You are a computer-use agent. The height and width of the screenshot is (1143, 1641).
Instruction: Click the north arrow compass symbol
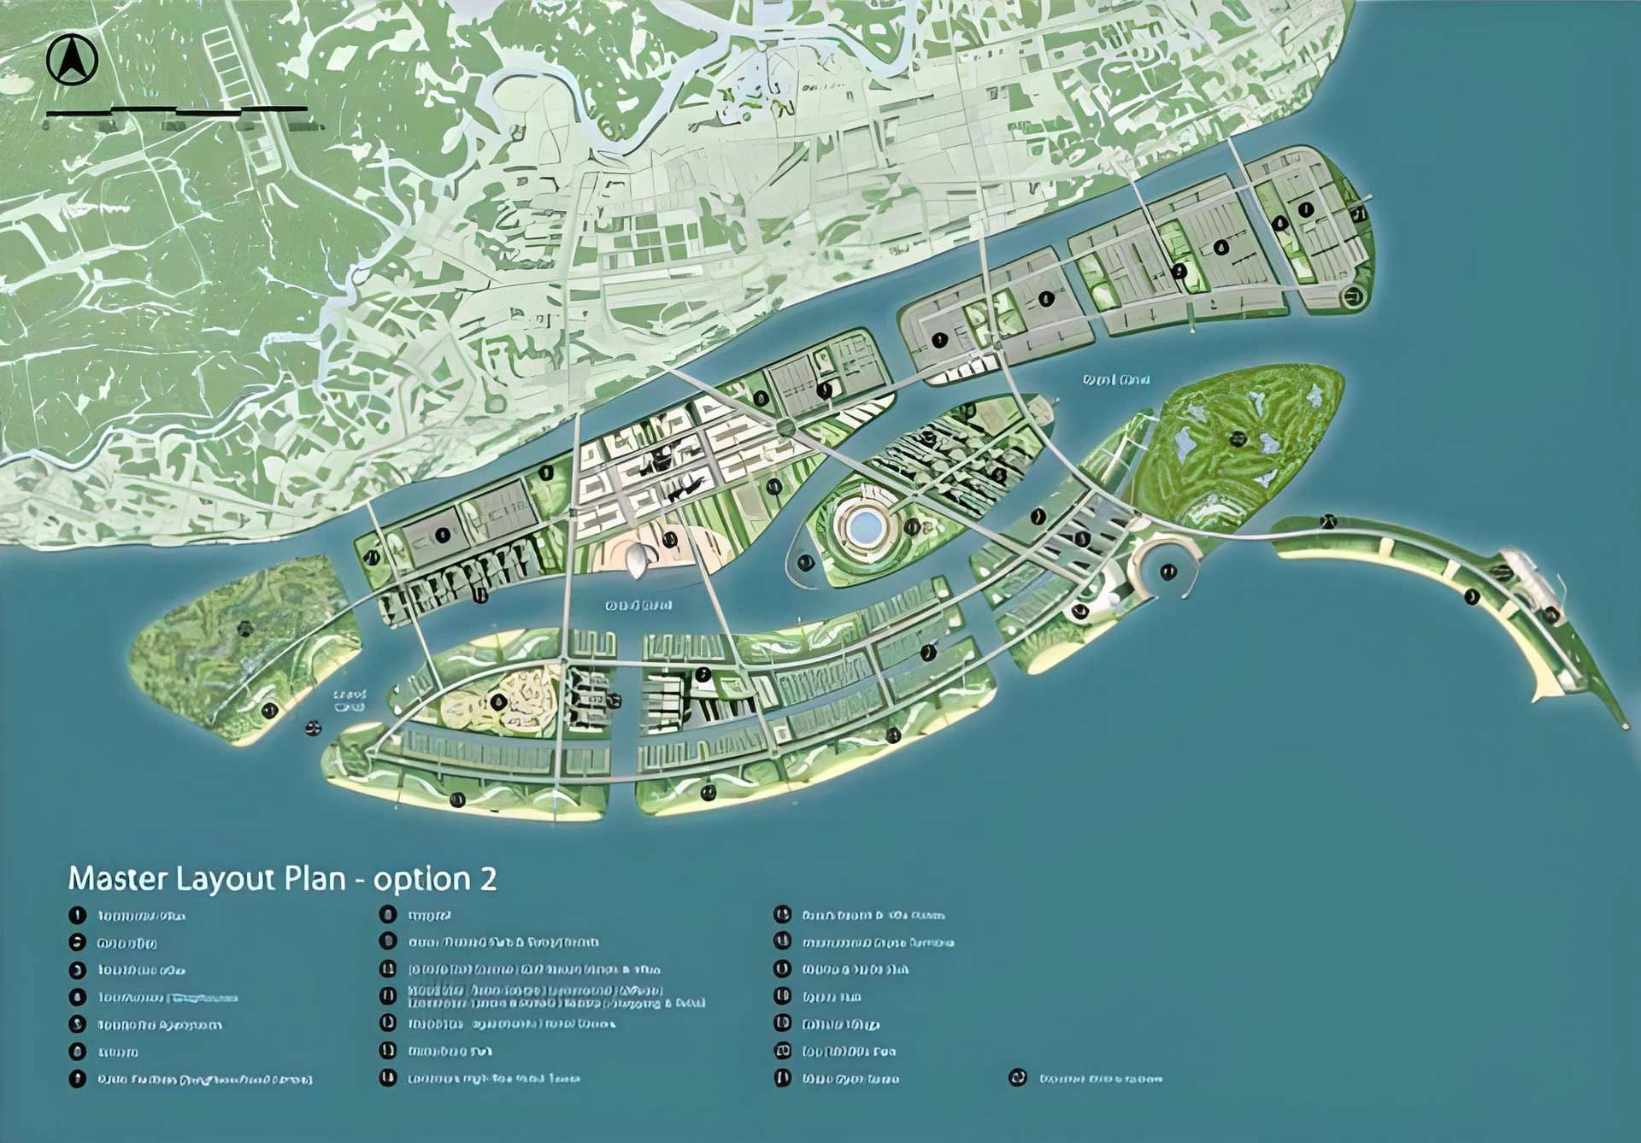73,61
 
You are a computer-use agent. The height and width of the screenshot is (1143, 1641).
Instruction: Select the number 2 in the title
488,880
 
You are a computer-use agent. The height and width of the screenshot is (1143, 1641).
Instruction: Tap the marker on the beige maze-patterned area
498,701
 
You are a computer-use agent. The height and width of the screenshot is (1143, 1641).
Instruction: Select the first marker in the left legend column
78,916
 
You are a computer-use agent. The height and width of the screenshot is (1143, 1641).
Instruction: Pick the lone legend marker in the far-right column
1017,1078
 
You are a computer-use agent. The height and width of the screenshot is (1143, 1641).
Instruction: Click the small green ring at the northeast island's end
1352,297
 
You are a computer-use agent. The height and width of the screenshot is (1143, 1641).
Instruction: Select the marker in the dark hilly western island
246,629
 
